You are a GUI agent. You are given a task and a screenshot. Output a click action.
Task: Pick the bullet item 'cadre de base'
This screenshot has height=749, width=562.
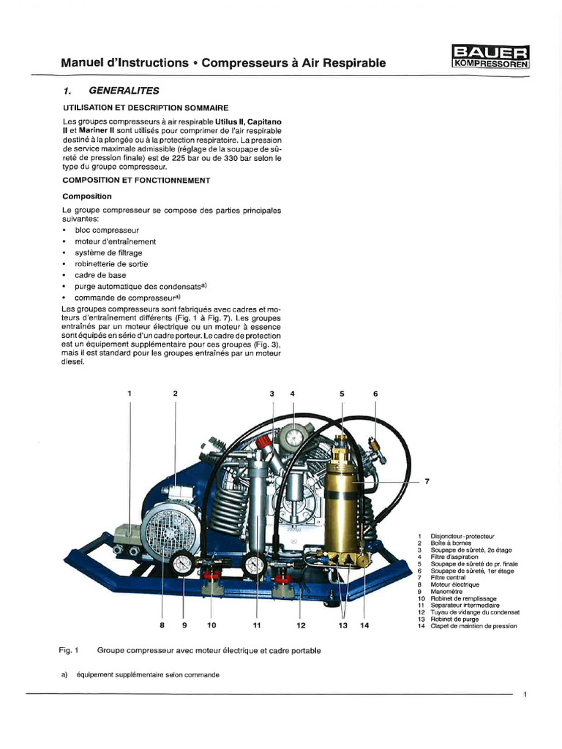click(101, 275)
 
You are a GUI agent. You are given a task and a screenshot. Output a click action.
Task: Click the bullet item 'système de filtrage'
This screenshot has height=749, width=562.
click(113, 252)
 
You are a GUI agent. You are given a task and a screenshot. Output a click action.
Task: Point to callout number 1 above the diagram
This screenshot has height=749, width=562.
click(130, 394)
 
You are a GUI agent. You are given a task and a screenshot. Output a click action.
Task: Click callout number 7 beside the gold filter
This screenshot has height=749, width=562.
click(426, 481)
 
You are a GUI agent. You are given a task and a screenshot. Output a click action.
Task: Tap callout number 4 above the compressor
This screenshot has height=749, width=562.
click(293, 394)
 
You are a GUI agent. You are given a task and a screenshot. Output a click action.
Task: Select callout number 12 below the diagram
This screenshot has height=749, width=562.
click(301, 625)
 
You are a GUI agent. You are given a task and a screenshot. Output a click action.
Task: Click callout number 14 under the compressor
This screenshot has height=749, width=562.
click(364, 625)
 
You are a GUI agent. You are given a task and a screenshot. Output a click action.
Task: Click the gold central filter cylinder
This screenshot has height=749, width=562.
click(342, 497)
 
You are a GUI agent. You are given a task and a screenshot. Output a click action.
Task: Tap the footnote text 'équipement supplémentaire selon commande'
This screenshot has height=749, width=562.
click(151, 675)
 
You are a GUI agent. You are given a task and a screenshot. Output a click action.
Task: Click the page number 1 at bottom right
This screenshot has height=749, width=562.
click(525, 695)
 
